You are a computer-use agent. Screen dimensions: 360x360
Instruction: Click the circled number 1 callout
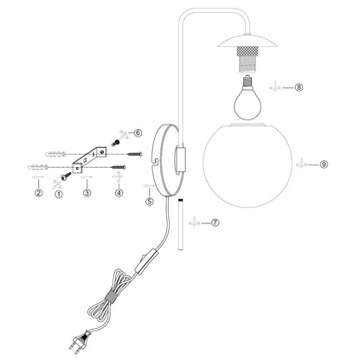tap(59, 194)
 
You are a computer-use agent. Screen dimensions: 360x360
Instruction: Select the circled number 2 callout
tap(39, 193)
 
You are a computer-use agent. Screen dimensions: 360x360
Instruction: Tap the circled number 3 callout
tap(87, 193)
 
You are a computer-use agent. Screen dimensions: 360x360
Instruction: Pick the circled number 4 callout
tap(119, 193)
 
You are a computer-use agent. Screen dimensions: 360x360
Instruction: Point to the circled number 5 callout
tap(150, 202)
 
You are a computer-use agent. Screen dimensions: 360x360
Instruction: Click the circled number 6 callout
tap(138, 133)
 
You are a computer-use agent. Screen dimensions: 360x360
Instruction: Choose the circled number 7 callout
tap(215, 222)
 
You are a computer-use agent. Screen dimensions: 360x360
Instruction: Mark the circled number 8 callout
tap(299, 87)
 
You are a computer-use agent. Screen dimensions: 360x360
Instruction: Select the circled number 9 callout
tap(324, 164)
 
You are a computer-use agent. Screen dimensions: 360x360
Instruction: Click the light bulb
tap(247, 98)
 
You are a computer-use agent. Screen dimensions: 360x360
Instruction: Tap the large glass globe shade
tap(247, 165)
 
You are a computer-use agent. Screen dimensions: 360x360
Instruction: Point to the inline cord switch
tap(147, 262)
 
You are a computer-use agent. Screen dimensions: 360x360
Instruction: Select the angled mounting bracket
tap(89, 159)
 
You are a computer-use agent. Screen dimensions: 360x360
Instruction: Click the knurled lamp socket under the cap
tap(247, 59)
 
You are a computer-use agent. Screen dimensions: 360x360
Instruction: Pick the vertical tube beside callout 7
tap(181, 225)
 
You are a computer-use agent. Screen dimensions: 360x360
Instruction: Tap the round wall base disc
tap(164, 160)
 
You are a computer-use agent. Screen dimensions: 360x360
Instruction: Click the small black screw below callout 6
tap(115, 143)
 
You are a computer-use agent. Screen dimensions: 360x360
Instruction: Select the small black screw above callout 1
tap(66, 176)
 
